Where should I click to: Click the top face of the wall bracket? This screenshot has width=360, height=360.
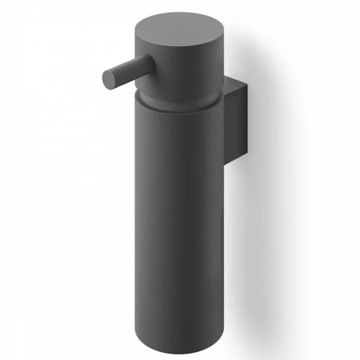tap(235, 81)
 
